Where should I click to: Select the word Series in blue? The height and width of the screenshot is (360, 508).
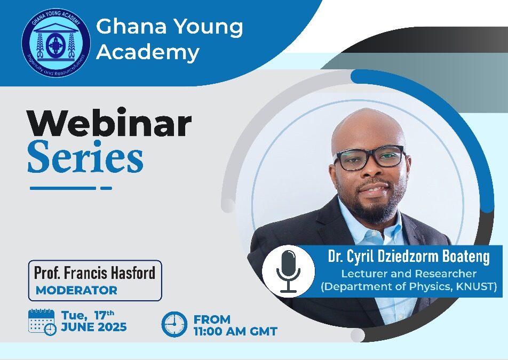click(x=85, y=158)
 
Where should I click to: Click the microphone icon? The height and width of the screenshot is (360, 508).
click(x=288, y=271)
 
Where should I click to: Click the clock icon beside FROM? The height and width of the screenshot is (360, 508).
click(x=174, y=324)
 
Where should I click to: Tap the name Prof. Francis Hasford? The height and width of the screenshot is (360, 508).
click(x=94, y=273)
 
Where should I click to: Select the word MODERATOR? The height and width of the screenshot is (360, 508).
click(x=76, y=291)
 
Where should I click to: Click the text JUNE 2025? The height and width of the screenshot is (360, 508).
click(x=94, y=327)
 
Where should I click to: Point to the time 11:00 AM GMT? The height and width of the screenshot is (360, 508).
click(x=235, y=331)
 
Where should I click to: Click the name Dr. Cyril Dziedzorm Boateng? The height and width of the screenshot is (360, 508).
click(x=408, y=257)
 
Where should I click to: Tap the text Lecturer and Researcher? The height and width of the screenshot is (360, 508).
click(x=409, y=274)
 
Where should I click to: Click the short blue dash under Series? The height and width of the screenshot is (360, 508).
click(x=106, y=188)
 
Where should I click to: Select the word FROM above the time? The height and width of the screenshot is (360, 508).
click(x=212, y=319)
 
